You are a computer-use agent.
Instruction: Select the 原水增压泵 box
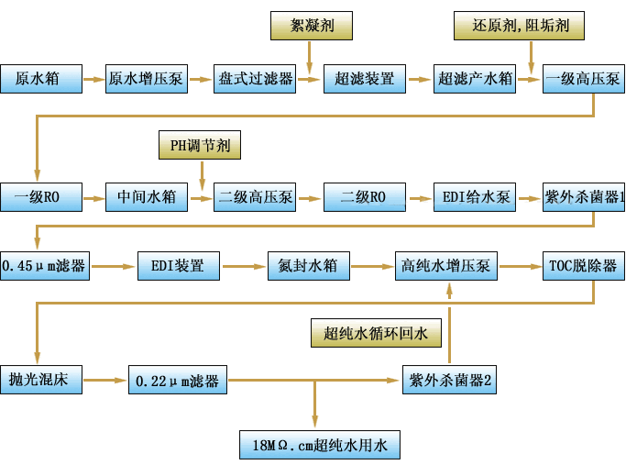(x=148, y=79)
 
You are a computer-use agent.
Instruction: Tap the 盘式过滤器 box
(x=257, y=79)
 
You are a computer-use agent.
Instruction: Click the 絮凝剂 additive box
(x=310, y=25)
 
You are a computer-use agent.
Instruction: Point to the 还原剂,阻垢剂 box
(x=521, y=25)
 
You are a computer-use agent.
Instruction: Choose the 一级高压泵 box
(x=583, y=79)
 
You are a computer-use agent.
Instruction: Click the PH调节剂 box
(x=201, y=145)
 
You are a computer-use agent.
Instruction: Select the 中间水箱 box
(x=147, y=196)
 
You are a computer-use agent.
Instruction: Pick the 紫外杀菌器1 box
(x=584, y=196)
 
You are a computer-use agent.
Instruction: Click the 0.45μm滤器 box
(x=44, y=266)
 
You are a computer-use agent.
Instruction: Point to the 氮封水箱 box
(x=308, y=266)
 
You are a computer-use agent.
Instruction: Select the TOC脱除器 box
(x=583, y=266)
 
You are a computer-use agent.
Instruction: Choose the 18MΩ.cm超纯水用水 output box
(x=320, y=446)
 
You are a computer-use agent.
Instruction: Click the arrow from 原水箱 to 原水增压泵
(x=94, y=80)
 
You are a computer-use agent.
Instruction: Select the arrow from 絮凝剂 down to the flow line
(x=310, y=56)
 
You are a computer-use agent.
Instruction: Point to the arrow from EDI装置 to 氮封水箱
(x=243, y=267)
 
